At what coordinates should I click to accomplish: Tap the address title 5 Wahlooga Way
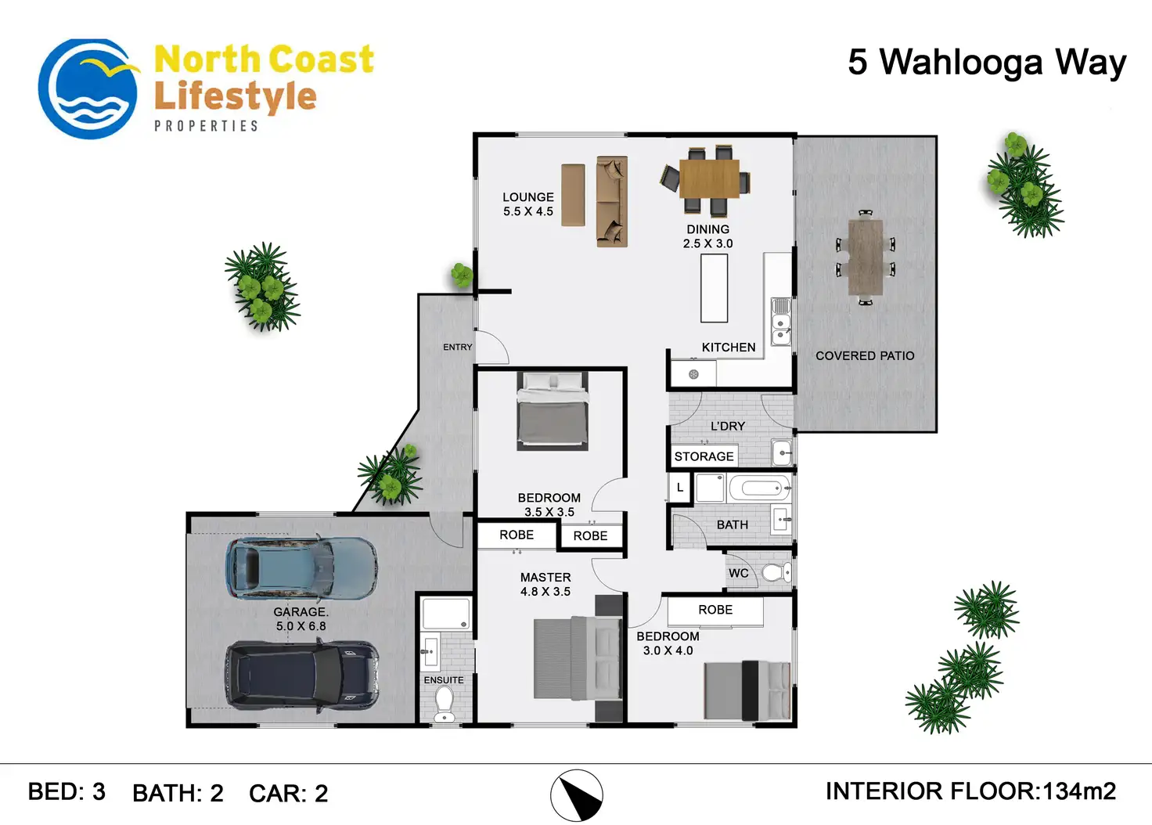(986, 62)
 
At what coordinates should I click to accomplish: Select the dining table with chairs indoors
(709, 179)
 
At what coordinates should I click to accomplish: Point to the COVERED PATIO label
(865, 355)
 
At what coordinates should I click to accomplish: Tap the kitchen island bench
(714, 288)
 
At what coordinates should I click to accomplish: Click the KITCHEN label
(729, 347)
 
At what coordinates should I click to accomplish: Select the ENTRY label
(458, 347)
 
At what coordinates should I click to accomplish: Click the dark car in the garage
(302, 675)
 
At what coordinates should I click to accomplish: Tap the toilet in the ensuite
(445, 704)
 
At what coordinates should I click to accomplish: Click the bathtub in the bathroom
(759, 489)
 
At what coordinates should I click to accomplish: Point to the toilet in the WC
(776, 573)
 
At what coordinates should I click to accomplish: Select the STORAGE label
(704, 456)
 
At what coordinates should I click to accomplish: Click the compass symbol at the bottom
(577, 796)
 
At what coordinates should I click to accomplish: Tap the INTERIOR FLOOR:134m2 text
(970, 791)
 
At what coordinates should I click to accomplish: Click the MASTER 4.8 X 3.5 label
(545, 584)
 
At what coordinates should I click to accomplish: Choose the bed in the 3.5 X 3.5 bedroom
(553, 410)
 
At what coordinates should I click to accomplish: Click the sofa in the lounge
(611, 201)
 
